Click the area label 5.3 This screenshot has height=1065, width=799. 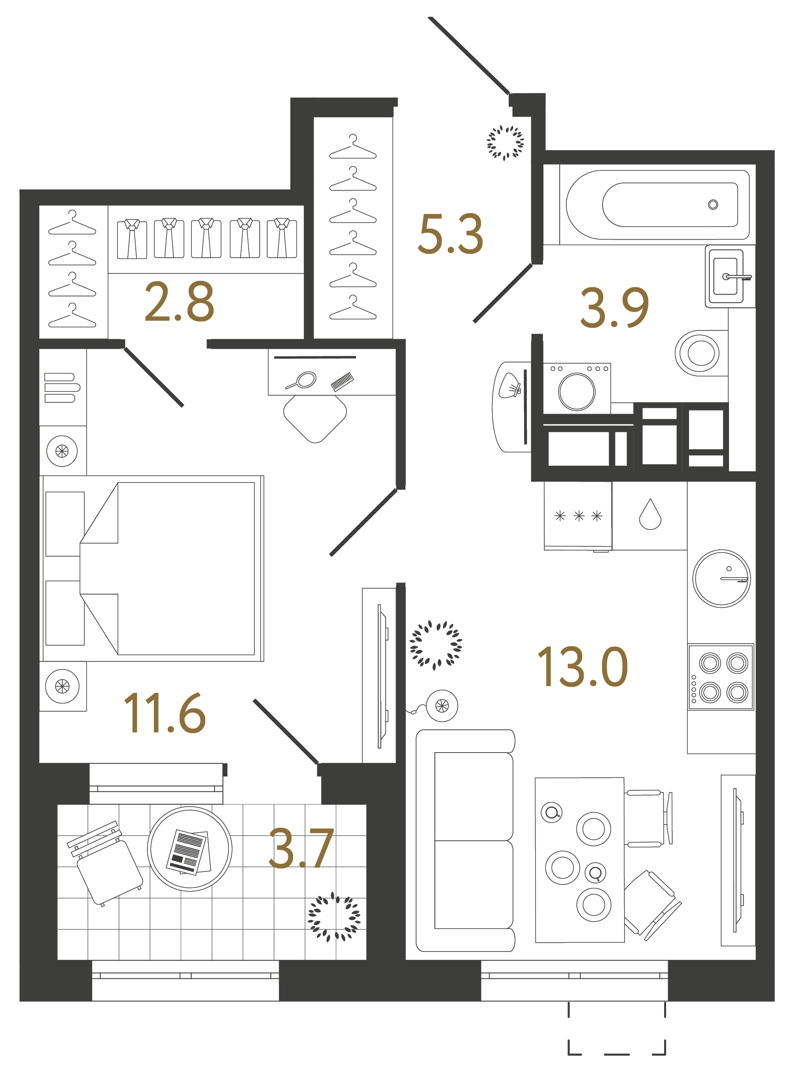click(450, 235)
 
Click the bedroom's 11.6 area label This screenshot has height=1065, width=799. click(165, 713)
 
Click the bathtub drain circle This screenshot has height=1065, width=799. click(713, 204)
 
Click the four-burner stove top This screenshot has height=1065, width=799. click(721, 677)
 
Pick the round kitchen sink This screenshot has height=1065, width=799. click(721, 578)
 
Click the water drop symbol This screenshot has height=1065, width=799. click(650, 515)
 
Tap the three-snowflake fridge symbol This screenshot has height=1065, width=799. click(578, 516)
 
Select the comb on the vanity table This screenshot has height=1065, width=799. click(342, 381)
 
